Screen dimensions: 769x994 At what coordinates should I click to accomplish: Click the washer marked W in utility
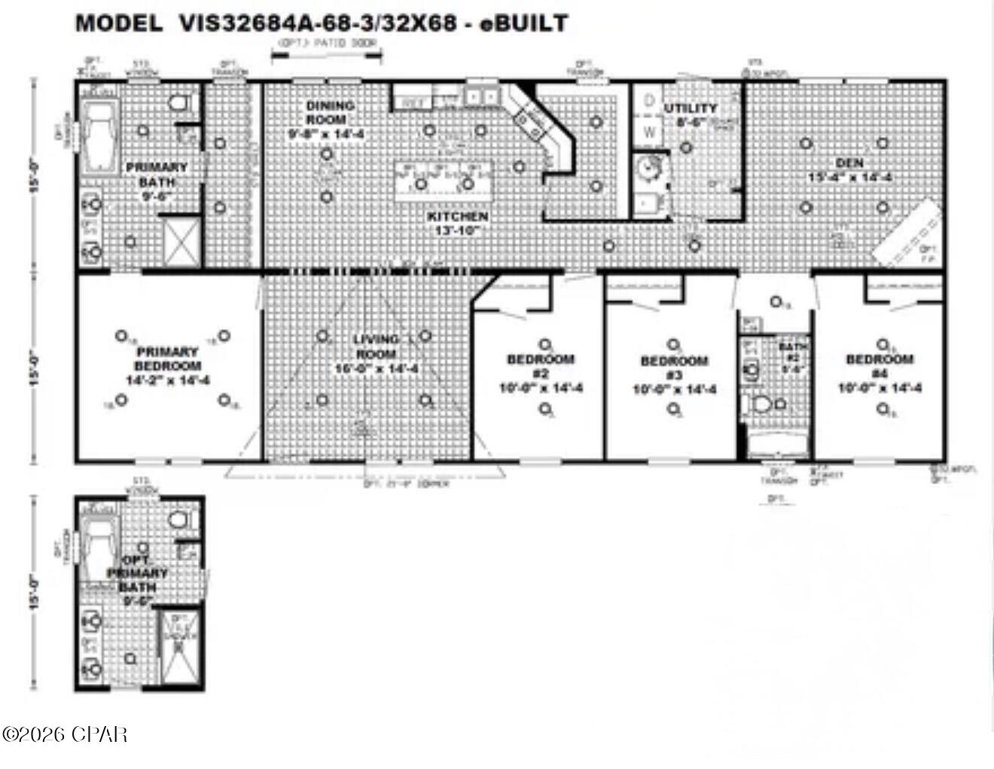click(x=648, y=133)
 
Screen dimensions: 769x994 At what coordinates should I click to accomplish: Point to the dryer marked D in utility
click(x=647, y=101)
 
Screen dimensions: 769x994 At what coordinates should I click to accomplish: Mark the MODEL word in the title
click(x=118, y=23)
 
